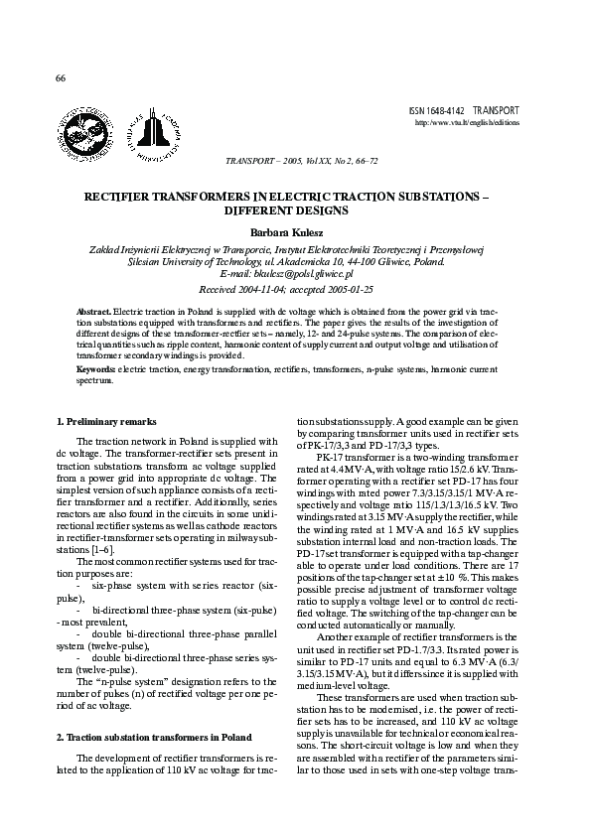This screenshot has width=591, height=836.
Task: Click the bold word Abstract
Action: coord(94,312)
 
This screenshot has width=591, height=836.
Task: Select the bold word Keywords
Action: coord(96,368)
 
